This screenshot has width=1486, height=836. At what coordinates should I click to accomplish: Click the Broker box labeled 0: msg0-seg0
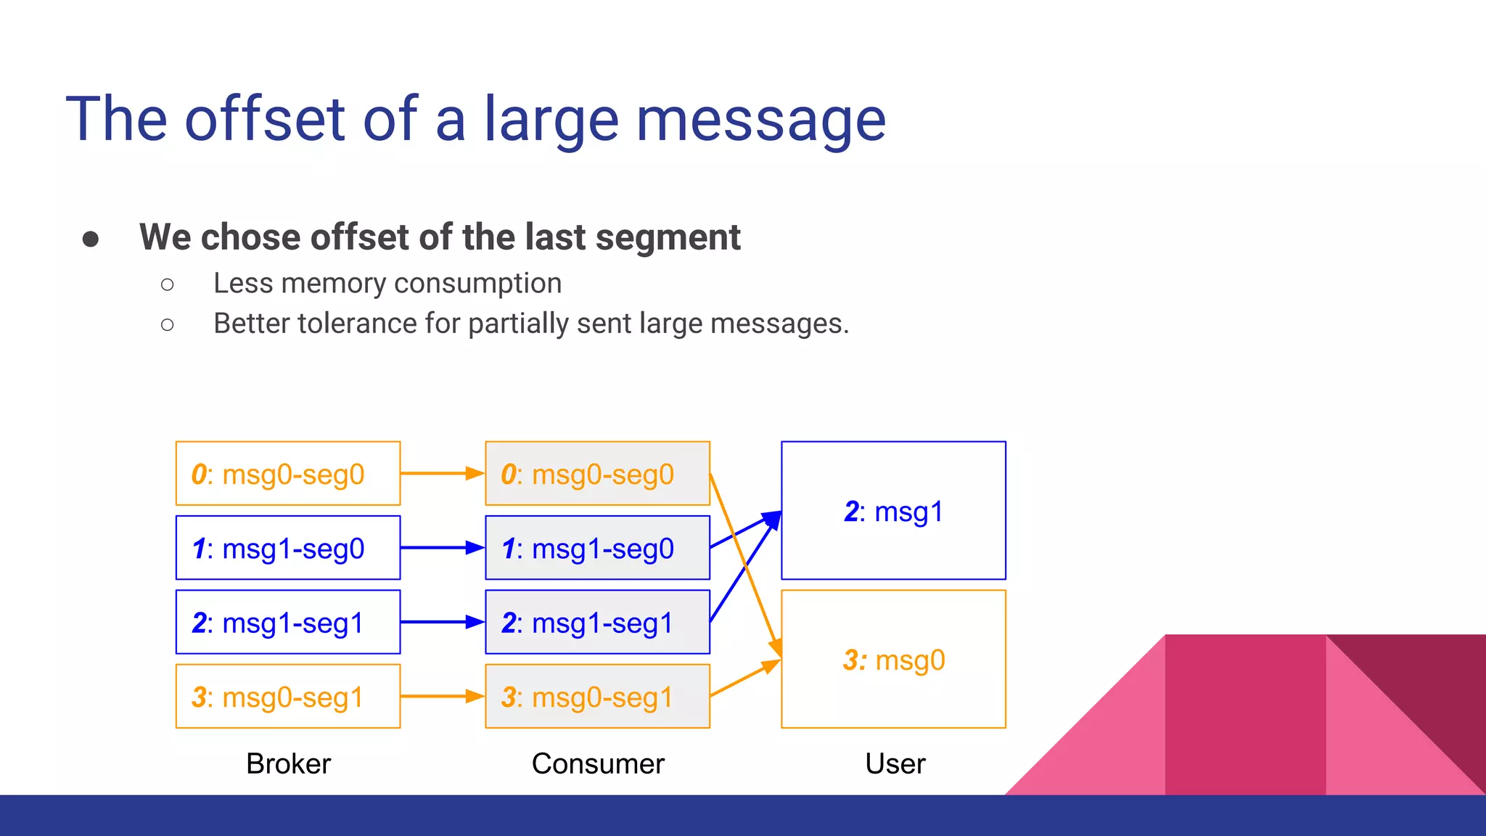coord(287,473)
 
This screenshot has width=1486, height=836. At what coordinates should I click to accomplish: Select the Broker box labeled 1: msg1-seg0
coord(287,548)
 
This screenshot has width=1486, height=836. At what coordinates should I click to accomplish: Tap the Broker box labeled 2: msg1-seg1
coord(287,622)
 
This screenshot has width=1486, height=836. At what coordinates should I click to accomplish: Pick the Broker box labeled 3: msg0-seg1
coord(287,697)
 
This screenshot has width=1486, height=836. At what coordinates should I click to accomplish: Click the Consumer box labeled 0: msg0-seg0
coord(597,473)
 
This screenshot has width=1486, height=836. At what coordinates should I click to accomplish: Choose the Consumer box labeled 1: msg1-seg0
coord(597,548)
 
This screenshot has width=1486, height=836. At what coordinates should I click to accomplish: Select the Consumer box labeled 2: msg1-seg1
coord(597,622)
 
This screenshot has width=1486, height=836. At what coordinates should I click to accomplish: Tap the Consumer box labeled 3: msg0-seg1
coord(597,697)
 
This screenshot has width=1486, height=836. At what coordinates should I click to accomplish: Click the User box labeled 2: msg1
coord(893,510)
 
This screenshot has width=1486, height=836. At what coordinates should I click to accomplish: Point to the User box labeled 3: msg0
coord(893,659)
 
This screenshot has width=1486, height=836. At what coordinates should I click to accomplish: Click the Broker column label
coord(288,763)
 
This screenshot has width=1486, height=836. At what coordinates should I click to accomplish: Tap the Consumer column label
coord(598,763)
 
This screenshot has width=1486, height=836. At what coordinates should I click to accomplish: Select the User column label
coord(895,763)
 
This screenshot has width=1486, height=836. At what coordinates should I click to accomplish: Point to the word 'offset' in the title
coord(264,120)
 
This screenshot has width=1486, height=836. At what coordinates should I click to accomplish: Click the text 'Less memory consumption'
coord(387,283)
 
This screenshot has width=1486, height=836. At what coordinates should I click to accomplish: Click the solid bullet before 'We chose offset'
coord(91,239)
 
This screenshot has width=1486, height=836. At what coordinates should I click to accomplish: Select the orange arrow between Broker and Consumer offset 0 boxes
coord(441,473)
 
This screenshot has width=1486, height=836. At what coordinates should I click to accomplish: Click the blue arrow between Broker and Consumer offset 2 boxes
coord(441,622)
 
